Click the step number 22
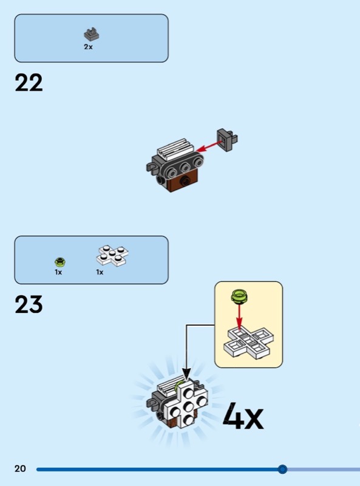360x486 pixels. pyautogui.click(x=29, y=83)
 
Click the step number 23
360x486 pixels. pyautogui.click(x=29, y=304)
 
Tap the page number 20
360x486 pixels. pyautogui.click(x=20, y=468)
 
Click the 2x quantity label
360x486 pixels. pyautogui.click(x=88, y=47)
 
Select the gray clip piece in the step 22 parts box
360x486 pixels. pyautogui.click(x=92, y=35)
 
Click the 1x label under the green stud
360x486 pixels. pyautogui.click(x=58, y=272)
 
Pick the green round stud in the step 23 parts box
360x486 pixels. pyautogui.click(x=59, y=262)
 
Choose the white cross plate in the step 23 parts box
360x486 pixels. pyautogui.click(x=112, y=256)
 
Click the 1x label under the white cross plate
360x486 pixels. pyautogui.click(x=100, y=272)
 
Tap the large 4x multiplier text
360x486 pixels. pyautogui.click(x=243, y=416)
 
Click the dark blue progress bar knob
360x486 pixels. pyautogui.click(x=282, y=469)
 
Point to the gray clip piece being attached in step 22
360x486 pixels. pyautogui.click(x=228, y=140)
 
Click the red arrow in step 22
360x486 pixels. pyautogui.click(x=208, y=147)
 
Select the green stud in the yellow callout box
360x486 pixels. pyautogui.click(x=239, y=296)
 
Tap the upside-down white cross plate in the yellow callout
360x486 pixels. pyautogui.click(x=249, y=343)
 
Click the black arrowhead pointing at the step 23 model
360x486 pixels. pyautogui.click(x=186, y=374)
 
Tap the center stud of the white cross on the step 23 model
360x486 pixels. pyautogui.click(x=188, y=405)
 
